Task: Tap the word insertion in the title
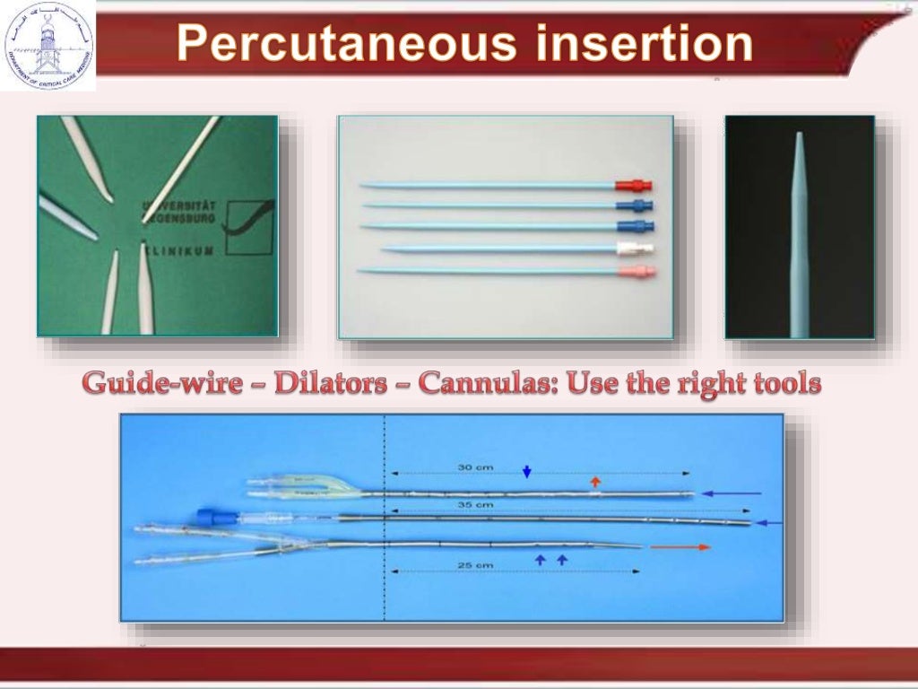pyautogui.click(x=639, y=44)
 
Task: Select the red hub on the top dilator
pyautogui.click(x=633, y=186)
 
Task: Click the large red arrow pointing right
pyautogui.click(x=680, y=546)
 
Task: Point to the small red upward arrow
pyautogui.click(x=595, y=482)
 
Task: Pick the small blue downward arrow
pyautogui.click(x=527, y=471)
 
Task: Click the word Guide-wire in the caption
pyautogui.click(x=162, y=384)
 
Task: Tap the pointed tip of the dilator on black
pyautogui.click(x=798, y=137)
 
